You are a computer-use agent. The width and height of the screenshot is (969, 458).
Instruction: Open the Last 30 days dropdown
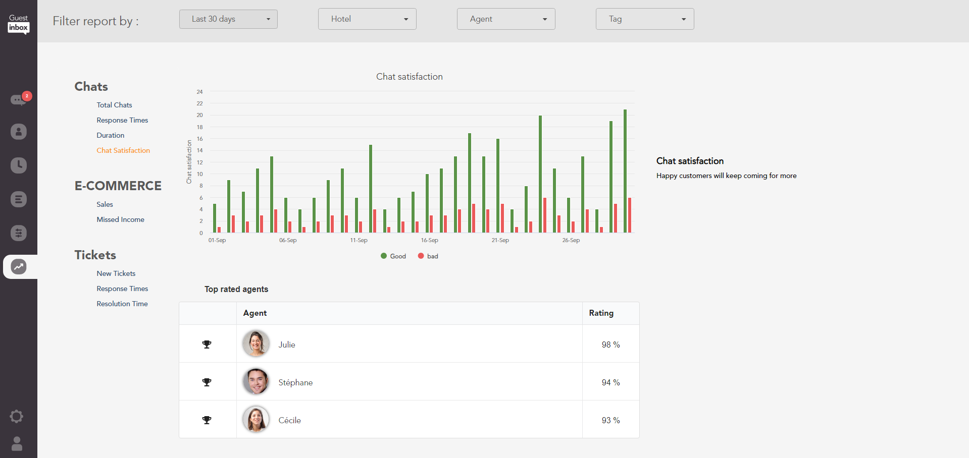tap(228, 19)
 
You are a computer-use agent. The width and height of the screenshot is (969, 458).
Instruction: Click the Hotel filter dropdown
tap(367, 19)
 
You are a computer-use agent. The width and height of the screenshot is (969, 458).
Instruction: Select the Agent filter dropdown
tap(506, 19)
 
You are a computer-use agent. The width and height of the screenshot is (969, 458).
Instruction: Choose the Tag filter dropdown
tap(645, 19)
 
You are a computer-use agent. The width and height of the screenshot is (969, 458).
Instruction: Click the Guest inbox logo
tap(19, 23)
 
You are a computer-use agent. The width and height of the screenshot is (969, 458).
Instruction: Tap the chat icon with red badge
tap(19, 99)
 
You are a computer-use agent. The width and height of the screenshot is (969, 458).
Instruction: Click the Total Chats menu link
tap(114, 105)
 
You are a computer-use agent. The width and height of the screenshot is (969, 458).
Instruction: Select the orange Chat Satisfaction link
tap(123, 150)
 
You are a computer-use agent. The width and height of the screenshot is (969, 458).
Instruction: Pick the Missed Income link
tap(120, 219)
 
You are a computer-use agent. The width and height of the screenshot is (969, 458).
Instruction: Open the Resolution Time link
tap(122, 304)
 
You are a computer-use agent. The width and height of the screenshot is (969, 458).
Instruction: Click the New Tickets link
tap(116, 273)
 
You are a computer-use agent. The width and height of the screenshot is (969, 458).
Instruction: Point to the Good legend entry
tap(393, 256)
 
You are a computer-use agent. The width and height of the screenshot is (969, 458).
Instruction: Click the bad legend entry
tap(428, 256)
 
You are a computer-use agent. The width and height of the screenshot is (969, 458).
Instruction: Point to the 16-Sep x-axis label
tap(430, 240)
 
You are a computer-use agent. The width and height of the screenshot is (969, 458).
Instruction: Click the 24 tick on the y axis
tap(199, 92)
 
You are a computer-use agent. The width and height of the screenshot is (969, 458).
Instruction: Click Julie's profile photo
tap(256, 344)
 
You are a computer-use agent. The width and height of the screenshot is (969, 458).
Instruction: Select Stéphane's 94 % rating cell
tap(610, 382)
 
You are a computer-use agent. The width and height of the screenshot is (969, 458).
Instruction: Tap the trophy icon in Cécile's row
tap(207, 420)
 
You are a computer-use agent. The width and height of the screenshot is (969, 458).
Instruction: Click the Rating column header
tap(601, 313)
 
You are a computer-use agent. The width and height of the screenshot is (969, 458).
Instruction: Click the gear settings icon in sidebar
tap(17, 416)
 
